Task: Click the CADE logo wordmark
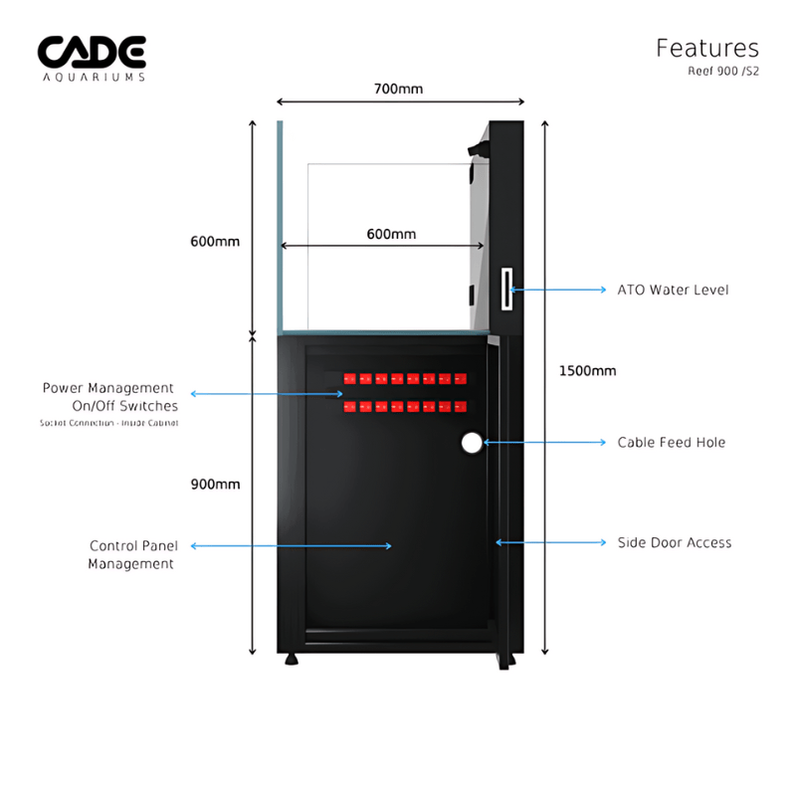click(92, 51)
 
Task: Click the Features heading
click(706, 48)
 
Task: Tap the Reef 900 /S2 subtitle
click(722, 72)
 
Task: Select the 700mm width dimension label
click(398, 89)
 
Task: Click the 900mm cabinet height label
click(215, 485)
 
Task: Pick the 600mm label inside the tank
click(391, 234)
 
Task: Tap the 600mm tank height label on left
click(215, 242)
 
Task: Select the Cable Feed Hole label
click(671, 442)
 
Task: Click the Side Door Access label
click(674, 542)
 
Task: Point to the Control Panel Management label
click(131, 554)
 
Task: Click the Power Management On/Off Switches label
click(109, 396)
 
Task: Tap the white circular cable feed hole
click(472, 443)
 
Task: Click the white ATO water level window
click(505, 290)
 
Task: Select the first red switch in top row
click(348, 378)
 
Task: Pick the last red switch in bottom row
click(460, 406)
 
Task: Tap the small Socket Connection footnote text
click(109, 423)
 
